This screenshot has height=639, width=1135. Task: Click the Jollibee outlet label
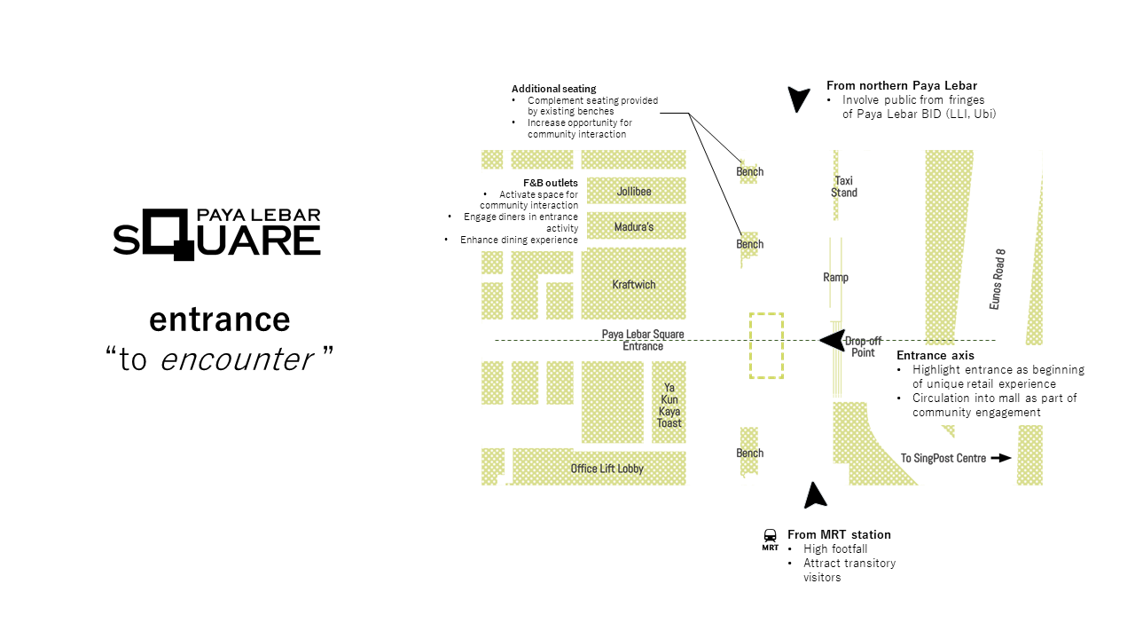click(633, 192)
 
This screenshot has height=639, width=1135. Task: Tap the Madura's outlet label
click(634, 227)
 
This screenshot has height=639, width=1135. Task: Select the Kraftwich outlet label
click(634, 285)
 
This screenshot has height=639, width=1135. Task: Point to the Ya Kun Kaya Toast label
click(669, 405)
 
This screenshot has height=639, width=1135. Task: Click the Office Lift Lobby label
click(607, 469)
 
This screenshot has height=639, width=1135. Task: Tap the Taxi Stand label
click(844, 186)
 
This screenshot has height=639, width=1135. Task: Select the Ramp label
click(835, 278)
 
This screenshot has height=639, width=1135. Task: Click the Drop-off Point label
click(860, 346)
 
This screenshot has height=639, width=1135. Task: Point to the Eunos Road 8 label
click(998, 279)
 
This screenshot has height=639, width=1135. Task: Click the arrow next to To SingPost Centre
click(1001, 458)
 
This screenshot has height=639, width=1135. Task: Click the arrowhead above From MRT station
click(814, 496)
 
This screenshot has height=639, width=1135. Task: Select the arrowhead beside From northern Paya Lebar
click(799, 99)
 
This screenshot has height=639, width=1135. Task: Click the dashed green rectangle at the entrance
click(766, 345)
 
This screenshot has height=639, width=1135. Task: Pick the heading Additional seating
click(553, 89)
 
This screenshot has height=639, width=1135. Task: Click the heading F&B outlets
click(550, 183)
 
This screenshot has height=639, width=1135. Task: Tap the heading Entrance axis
click(935, 356)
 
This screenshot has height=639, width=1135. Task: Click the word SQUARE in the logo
click(217, 238)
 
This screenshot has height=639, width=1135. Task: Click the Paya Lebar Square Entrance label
click(643, 340)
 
